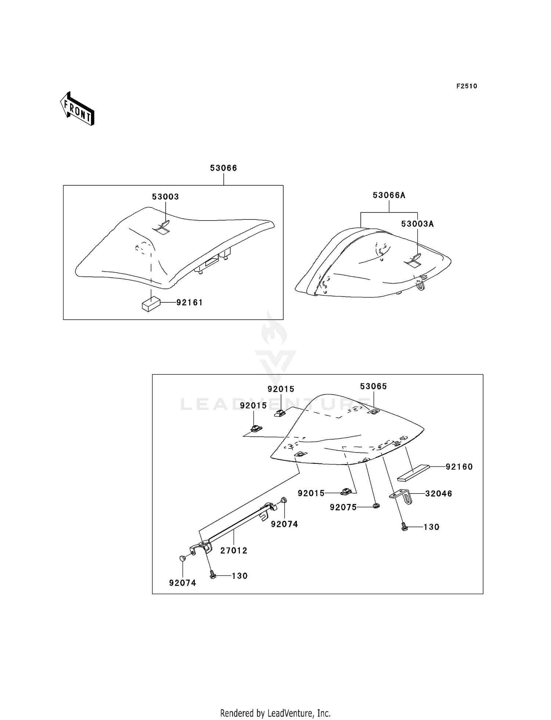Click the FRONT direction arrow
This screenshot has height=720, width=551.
click(x=77, y=109)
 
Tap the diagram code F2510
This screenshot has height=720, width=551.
click(x=467, y=86)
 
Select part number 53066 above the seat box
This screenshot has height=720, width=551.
click(x=223, y=168)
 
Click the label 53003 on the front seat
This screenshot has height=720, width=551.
click(x=165, y=197)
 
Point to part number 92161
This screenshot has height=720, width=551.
click(x=190, y=303)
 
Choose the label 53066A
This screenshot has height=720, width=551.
click(x=389, y=196)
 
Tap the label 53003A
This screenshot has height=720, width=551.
click(x=417, y=224)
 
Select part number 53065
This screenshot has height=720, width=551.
click(x=373, y=386)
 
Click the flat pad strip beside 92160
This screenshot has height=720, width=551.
click(x=413, y=473)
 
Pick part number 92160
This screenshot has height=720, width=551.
click(x=459, y=467)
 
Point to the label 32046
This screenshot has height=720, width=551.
click(x=439, y=494)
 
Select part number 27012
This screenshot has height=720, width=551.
click(x=234, y=550)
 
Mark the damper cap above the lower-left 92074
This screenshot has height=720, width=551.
click(x=182, y=558)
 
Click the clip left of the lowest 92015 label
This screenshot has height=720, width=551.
click(x=346, y=491)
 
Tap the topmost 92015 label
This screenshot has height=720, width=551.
click(x=281, y=389)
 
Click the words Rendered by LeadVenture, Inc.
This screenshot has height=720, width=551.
click(x=275, y=713)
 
